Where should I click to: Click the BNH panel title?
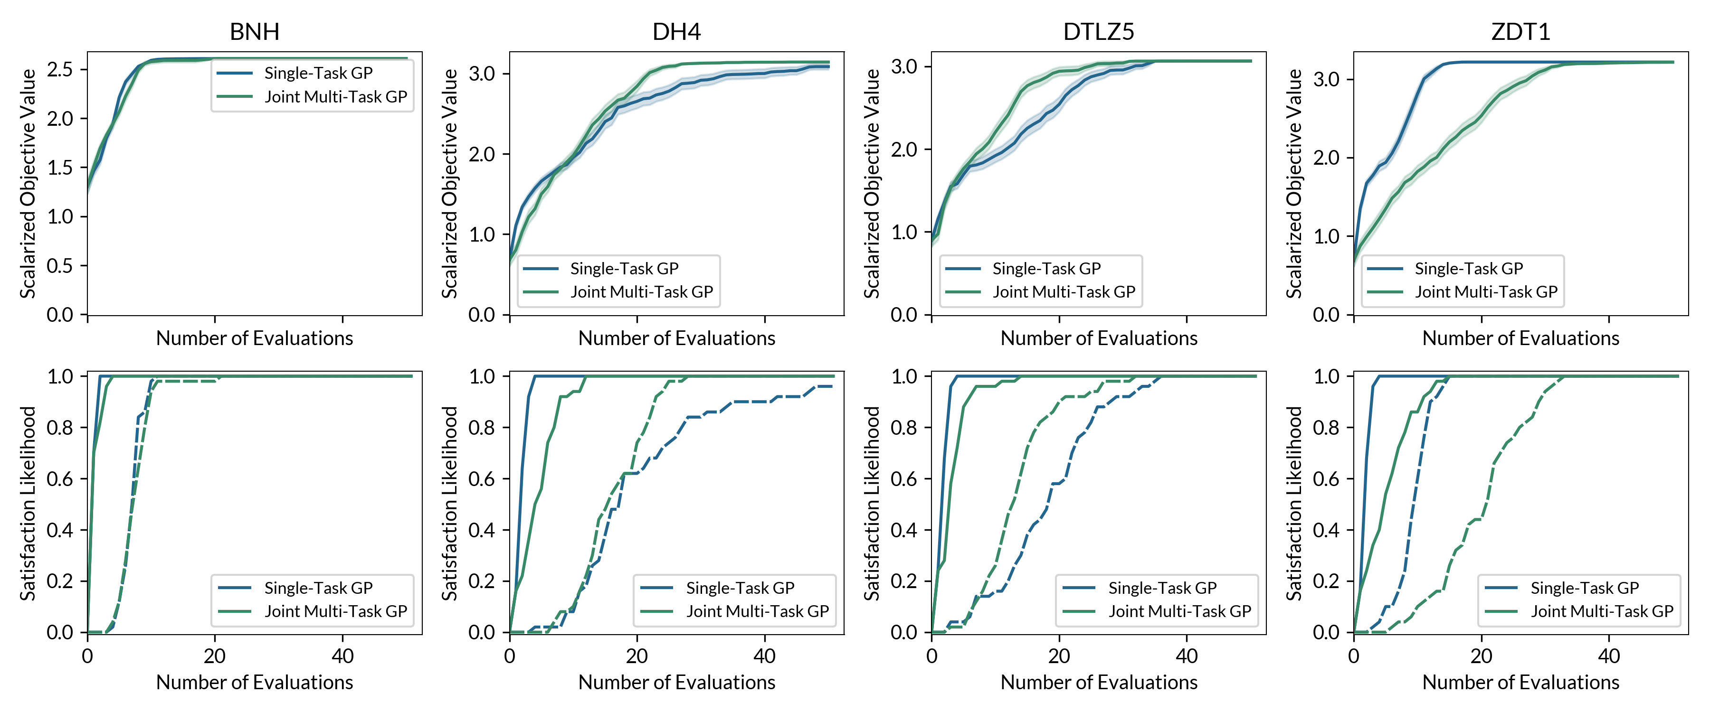tap(254, 31)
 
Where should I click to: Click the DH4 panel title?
tap(676, 31)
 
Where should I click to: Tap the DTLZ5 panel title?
tap(1099, 31)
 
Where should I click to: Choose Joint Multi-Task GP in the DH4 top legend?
tap(641, 292)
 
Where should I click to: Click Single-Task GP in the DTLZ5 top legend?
tap(1046, 269)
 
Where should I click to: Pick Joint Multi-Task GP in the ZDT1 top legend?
tap(1486, 292)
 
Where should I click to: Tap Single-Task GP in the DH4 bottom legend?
tap(740, 588)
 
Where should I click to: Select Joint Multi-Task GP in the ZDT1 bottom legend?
tap(1602, 611)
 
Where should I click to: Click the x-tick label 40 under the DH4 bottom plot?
tap(765, 656)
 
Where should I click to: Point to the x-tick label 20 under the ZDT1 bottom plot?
tap(1481, 656)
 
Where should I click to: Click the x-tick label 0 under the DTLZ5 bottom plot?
tap(931, 656)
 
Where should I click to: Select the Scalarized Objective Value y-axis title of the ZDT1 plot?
tap(1294, 183)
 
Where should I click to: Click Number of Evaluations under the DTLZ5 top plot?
tap(1099, 338)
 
